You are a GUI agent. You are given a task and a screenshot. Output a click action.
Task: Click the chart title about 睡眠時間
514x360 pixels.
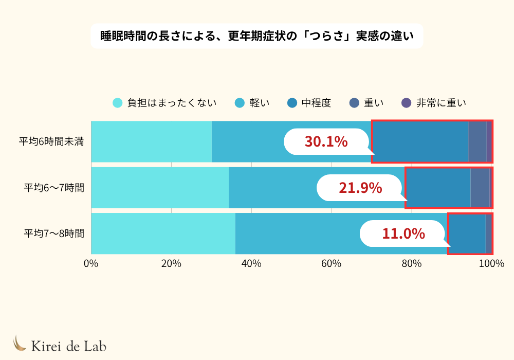click(x=256, y=36)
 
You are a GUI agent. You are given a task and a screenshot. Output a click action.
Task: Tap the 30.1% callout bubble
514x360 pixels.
click(x=326, y=141)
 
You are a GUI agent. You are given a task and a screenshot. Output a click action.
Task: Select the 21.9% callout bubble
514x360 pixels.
click(x=360, y=188)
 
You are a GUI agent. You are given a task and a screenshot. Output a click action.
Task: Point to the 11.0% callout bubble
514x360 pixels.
click(x=403, y=233)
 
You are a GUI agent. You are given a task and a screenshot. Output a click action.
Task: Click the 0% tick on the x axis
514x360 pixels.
click(x=91, y=264)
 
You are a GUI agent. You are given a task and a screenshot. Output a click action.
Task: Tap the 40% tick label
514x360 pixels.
click(x=251, y=264)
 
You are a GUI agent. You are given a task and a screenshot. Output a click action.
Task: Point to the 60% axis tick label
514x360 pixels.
click(x=332, y=264)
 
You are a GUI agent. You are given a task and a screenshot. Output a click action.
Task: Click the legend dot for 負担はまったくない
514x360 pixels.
click(x=118, y=103)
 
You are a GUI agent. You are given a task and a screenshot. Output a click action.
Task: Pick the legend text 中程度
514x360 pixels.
click(x=316, y=103)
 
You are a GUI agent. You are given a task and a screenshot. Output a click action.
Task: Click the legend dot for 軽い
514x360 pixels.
click(x=240, y=103)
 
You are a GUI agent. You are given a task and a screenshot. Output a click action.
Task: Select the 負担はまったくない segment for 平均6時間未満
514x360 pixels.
click(x=151, y=141)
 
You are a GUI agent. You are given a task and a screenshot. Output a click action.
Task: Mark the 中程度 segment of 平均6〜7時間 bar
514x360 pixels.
click(x=438, y=188)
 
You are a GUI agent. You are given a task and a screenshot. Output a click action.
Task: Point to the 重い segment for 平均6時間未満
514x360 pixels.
click(x=478, y=141)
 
